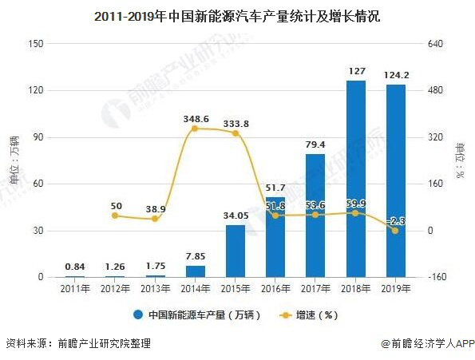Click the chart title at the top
(x=237, y=15)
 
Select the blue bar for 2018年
(x=355, y=179)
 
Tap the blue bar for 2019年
(x=395, y=181)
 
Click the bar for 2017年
(x=315, y=216)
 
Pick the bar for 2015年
(x=236, y=251)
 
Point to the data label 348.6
(x=196, y=118)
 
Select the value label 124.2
(x=395, y=75)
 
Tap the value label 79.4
(x=315, y=144)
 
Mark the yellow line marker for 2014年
(x=196, y=129)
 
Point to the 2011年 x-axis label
(x=76, y=289)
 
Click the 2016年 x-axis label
(x=275, y=289)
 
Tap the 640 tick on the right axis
(x=436, y=44)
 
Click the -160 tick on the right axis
(x=436, y=278)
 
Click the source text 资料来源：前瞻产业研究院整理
(x=77, y=344)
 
